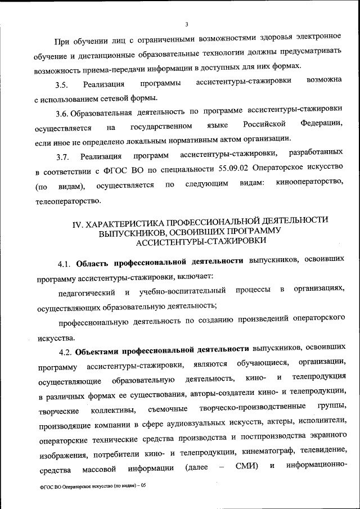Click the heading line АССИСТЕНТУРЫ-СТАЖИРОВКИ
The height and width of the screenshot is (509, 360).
click(199, 242)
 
